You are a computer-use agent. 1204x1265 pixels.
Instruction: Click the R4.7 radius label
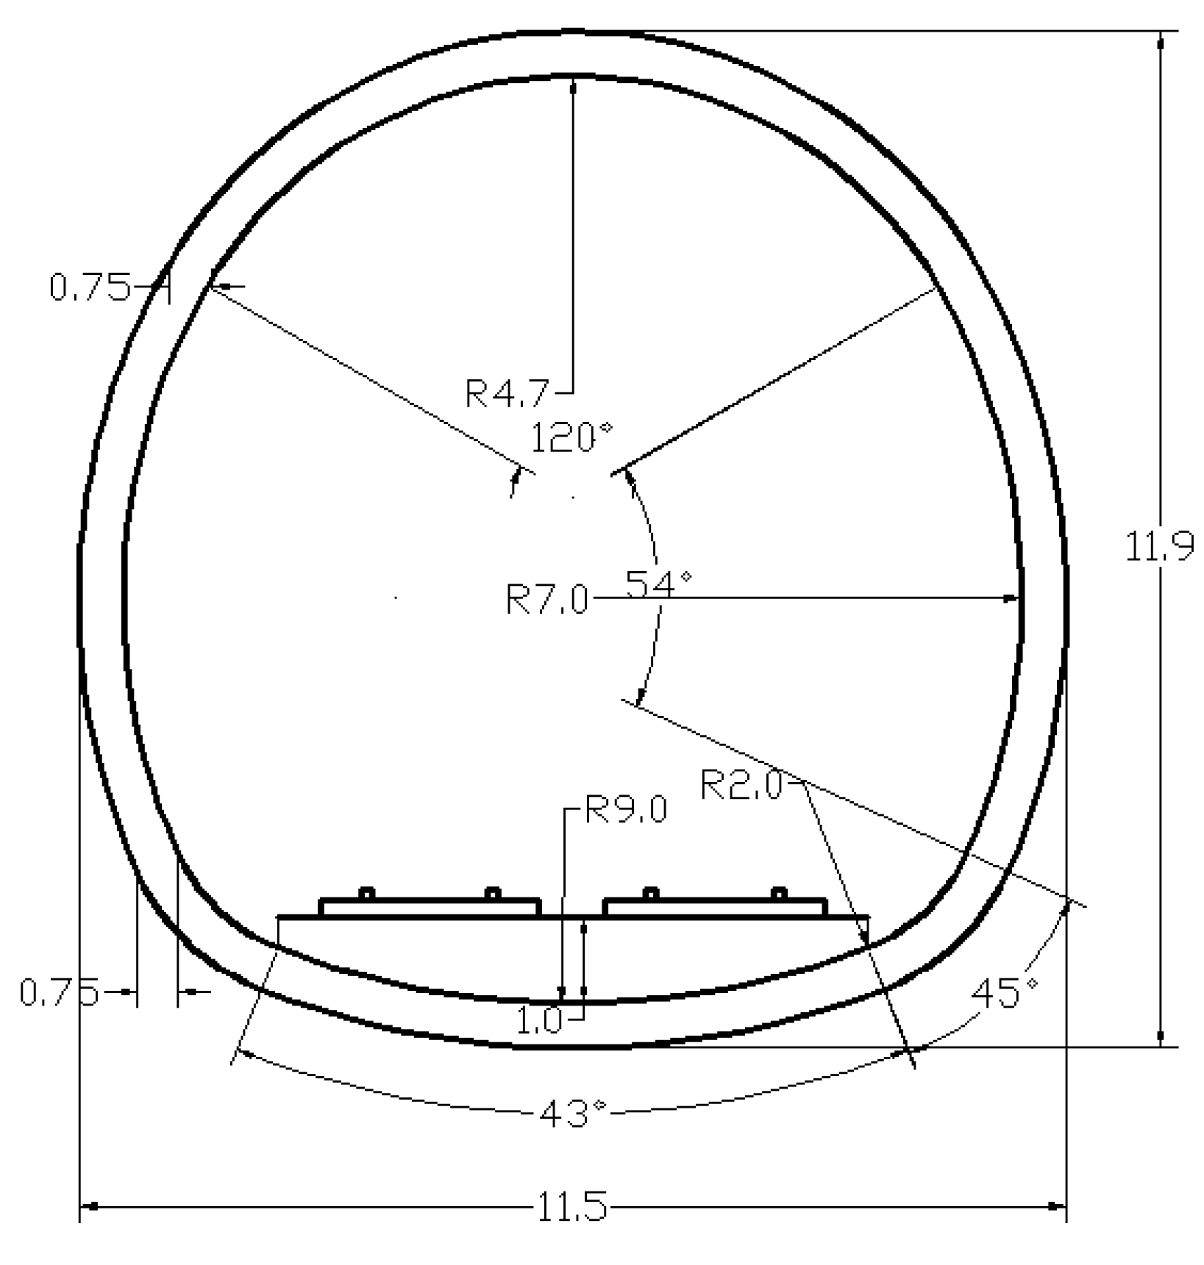point(507,393)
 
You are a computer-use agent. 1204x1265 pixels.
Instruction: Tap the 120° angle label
point(570,437)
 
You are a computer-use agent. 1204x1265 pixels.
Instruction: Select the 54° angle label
point(658,584)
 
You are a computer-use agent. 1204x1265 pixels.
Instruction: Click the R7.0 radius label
point(546,600)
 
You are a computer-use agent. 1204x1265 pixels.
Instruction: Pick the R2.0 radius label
point(741,785)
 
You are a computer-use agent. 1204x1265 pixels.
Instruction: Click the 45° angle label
point(1003,994)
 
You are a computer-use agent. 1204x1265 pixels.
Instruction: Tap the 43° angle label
point(573,1113)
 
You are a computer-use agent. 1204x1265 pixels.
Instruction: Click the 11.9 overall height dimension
point(1160,547)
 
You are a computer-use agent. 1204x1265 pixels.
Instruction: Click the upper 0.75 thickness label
point(90,287)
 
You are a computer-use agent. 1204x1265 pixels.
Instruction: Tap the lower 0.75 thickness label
point(59,992)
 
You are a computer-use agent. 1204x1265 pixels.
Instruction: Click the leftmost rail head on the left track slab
point(366,894)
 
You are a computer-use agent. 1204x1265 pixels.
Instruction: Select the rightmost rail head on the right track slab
point(779,894)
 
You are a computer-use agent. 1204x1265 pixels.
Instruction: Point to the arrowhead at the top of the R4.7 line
point(573,85)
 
